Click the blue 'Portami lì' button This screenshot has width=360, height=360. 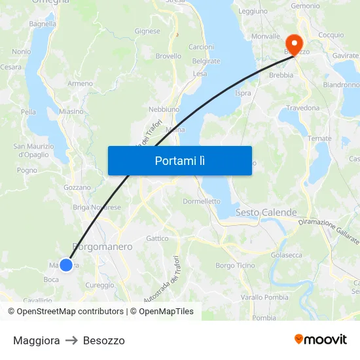179,160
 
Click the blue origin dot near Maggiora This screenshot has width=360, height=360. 66,264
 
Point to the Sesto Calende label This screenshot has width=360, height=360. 266,213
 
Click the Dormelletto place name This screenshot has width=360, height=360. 202,202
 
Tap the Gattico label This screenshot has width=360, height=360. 157,238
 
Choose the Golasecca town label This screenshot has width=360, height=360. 286,255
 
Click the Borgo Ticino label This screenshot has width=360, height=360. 235,265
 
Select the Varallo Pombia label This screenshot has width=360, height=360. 264,297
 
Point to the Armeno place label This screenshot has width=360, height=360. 80,84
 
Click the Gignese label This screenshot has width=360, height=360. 147,31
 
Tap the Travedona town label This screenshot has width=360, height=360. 302,107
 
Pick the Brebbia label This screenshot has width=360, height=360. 281,75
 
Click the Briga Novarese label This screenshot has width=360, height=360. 97,207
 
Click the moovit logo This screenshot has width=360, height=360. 321,339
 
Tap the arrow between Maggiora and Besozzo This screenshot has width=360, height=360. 71,340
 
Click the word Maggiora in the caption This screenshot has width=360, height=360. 37,340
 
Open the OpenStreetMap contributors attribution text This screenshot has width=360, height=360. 69,312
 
